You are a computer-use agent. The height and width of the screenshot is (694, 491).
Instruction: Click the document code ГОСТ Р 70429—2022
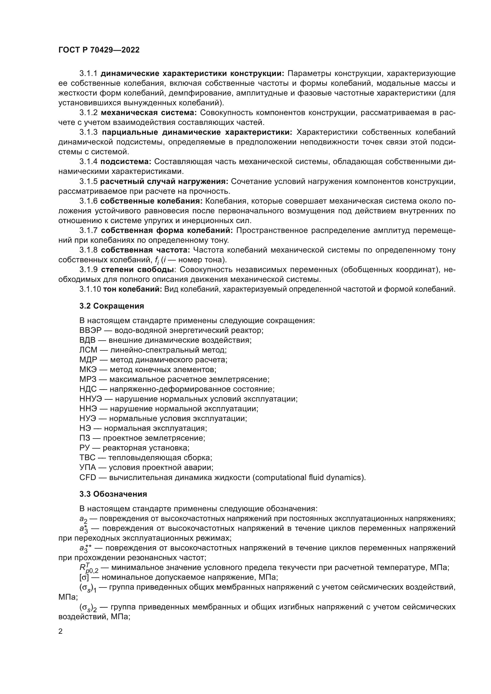tap(99, 50)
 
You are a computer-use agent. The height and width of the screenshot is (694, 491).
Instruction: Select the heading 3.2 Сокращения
tap(112, 306)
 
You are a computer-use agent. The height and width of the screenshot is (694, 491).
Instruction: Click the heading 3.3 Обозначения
tap(113, 494)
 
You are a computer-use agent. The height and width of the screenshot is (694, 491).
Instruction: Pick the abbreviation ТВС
tap(87, 458)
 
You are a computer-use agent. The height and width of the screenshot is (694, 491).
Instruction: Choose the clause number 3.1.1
tap(88, 74)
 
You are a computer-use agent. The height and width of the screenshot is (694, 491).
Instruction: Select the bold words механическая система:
tap(148, 113)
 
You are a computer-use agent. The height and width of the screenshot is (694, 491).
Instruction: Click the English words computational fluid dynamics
tap(308, 478)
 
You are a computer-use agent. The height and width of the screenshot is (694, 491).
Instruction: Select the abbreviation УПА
tap(87, 468)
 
